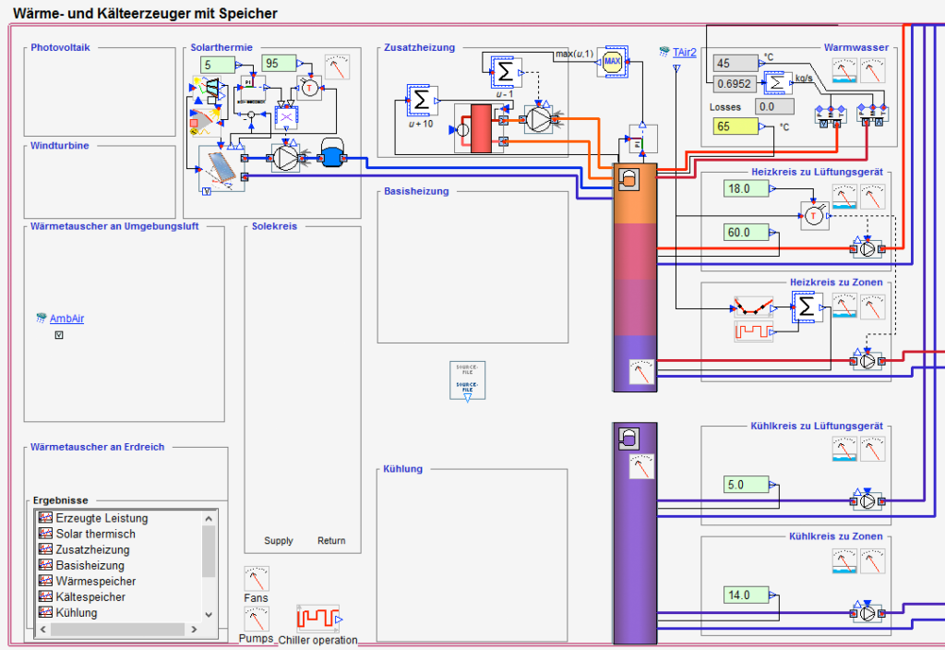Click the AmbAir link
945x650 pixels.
pos(66,319)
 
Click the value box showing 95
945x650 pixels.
pos(279,63)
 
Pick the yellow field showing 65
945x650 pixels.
pos(735,126)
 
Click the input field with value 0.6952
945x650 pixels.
pos(735,84)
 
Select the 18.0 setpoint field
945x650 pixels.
pos(746,188)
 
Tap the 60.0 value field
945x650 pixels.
pos(746,233)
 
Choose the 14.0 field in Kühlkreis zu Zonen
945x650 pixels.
pos(746,595)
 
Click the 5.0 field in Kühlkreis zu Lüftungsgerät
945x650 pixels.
pos(746,485)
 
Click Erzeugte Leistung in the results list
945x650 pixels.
pos(102,518)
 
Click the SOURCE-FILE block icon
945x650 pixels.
pos(468,380)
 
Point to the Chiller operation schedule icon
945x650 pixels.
pos(317,618)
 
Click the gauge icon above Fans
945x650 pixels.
pos(257,579)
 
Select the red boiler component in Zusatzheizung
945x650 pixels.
pos(481,127)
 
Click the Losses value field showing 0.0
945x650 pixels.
pos(765,106)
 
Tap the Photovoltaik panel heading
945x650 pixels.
pos(60,47)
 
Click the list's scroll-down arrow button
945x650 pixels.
pos(209,614)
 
